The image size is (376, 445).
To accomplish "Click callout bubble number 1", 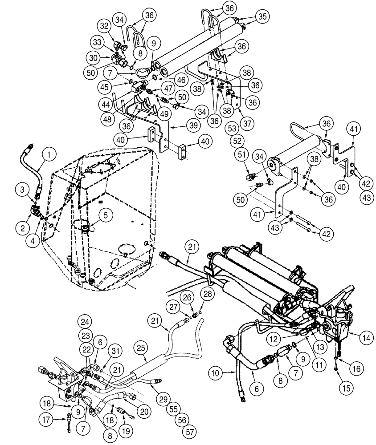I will pyautogui.click(x=49, y=155).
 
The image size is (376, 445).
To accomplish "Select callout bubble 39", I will pyautogui.click(x=180, y=126).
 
